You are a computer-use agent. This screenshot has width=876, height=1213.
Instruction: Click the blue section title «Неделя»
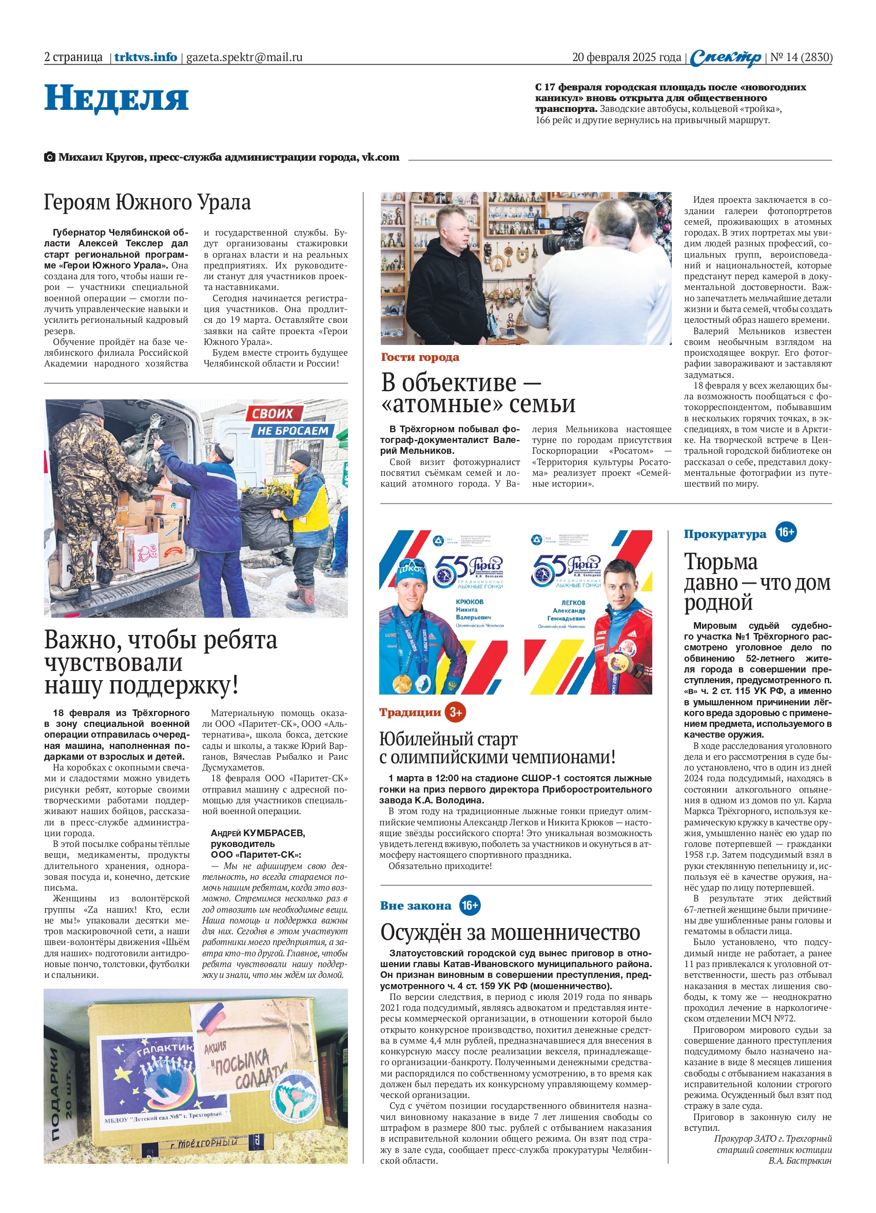click(116, 99)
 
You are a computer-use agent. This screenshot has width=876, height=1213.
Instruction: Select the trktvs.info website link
click(145, 57)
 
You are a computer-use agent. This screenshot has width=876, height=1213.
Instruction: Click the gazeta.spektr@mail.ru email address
click(244, 57)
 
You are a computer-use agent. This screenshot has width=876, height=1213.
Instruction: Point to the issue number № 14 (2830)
click(801, 57)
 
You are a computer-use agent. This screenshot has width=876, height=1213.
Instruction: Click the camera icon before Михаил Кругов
click(49, 157)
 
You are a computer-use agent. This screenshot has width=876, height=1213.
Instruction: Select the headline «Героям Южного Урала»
click(147, 202)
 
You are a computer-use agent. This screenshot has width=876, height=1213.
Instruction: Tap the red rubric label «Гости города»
click(420, 357)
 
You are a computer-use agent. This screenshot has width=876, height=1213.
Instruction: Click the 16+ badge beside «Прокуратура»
click(786, 532)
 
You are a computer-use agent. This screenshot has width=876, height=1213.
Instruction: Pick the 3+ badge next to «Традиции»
click(455, 712)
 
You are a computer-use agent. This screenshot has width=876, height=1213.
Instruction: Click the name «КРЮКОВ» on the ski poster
click(469, 602)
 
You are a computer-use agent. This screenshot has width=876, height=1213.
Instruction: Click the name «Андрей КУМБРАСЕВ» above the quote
click(257, 833)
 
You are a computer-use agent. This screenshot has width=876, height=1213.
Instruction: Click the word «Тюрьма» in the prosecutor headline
click(721, 562)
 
